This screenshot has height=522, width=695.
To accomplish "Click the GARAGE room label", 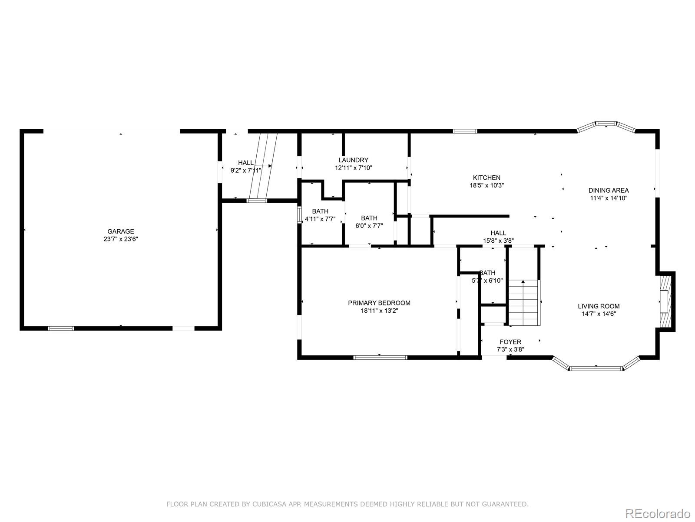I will [x=121, y=231].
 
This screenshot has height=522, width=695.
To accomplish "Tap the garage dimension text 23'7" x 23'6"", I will [x=121, y=239].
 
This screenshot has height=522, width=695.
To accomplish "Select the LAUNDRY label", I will [x=353, y=160].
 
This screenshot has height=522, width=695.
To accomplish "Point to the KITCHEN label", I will [x=486, y=177].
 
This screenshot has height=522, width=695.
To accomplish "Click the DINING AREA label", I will [x=608, y=190].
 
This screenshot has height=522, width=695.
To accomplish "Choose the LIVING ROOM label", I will [x=599, y=306].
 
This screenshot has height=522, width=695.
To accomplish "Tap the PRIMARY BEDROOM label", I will [x=379, y=303].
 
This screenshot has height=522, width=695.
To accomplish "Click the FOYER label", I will [x=510, y=342].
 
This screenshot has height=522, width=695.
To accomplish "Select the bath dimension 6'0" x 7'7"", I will [x=369, y=226].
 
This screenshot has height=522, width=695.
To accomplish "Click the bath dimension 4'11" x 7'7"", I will [x=320, y=219].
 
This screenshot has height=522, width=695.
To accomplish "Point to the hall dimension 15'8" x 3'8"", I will [x=498, y=241].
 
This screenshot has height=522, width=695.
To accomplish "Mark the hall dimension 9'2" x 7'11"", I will [x=246, y=171].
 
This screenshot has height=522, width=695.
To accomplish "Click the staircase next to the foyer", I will [x=524, y=303].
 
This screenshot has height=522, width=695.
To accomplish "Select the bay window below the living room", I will [x=596, y=368].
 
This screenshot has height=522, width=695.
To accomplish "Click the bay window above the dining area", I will [x=606, y=124].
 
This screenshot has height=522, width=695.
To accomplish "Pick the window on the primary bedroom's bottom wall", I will [x=380, y=358].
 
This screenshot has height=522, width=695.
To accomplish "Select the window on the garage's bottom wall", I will [x=61, y=328].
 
